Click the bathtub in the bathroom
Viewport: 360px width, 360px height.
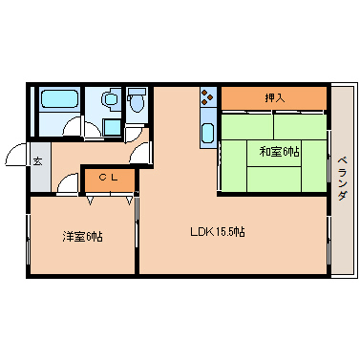(58, 98)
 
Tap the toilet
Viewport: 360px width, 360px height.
(137, 99)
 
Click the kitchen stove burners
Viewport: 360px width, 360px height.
(207, 96)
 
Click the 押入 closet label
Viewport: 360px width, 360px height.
(274, 97)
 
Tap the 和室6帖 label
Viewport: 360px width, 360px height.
(278, 151)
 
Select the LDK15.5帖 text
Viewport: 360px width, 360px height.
(218, 231)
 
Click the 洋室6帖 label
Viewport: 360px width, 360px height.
(82, 236)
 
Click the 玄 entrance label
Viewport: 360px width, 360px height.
(37, 160)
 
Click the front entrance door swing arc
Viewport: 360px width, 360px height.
(15, 154)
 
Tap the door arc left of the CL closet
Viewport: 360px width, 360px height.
(67, 183)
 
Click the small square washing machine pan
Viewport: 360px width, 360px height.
(112, 128)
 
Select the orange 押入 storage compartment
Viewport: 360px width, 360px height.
(274, 98)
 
